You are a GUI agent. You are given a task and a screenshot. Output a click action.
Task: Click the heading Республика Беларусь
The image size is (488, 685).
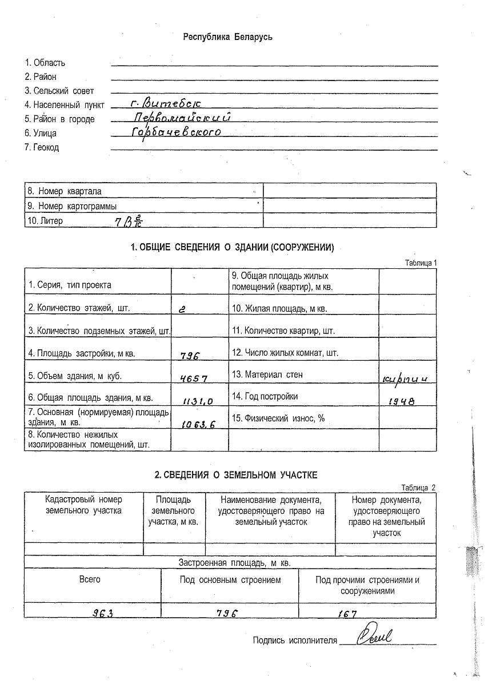click(x=227, y=37)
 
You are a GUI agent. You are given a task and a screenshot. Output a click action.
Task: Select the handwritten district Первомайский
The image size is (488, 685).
click(x=181, y=118)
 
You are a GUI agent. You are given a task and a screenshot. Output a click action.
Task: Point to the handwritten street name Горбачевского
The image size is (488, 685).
click(x=175, y=132)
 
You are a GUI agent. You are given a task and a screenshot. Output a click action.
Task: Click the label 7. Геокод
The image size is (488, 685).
click(x=42, y=147)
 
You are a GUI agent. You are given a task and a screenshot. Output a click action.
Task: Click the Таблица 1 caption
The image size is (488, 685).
click(x=421, y=263)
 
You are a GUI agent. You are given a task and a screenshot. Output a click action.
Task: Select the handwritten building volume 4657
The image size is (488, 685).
click(x=193, y=378)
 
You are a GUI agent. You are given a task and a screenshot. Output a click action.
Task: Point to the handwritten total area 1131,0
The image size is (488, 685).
click(x=198, y=401)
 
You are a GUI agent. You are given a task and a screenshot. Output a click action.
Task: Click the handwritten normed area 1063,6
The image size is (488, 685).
click(x=197, y=424)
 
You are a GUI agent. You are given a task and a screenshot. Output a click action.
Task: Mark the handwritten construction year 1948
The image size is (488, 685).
click(x=402, y=401)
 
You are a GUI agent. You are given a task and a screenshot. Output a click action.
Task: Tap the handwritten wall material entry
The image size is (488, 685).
click(x=408, y=378)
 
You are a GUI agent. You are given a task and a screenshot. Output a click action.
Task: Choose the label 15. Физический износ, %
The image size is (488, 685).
click(x=278, y=418)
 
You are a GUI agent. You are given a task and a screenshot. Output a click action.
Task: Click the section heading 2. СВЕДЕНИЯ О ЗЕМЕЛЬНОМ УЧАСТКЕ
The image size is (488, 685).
click(x=236, y=475)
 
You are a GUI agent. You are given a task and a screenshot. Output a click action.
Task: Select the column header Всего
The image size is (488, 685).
click(x=90, y=579)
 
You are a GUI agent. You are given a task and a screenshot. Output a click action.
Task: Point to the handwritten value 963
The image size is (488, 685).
click(x=103, y=613)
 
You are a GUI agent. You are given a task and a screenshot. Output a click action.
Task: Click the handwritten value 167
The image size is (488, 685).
click(x=346, y=614)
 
